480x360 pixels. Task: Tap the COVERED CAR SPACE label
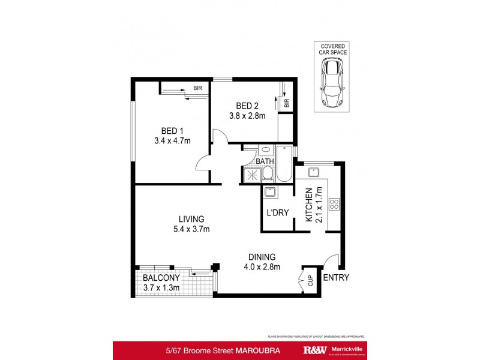[332, 49]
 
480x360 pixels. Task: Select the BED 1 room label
[171, 131]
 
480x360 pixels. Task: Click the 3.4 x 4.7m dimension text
[171, 141]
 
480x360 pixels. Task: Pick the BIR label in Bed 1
[197, 88]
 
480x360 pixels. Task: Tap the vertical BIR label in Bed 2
[287, 103]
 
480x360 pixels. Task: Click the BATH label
[265, 161]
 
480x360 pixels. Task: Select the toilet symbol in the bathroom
[268, 174]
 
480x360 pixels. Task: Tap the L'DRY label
[277, 213]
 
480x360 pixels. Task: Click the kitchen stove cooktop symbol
[334, 204]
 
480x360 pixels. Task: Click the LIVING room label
[191, 219]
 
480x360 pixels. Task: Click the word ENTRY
[336, 277]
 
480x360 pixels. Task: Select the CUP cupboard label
[310, 280]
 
